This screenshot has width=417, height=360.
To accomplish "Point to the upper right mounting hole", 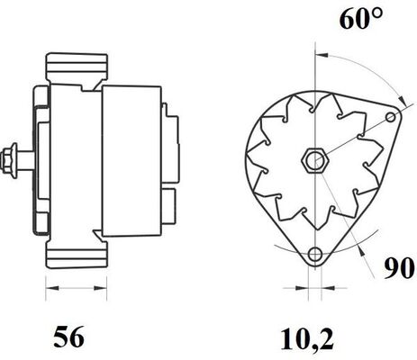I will pyautogui.click(x=388, y=117).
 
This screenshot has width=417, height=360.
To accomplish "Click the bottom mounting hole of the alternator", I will pyautogui.click(x=313, y=255).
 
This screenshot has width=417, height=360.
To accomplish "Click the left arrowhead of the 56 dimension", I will pyautogui.click(x=50, y=289).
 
